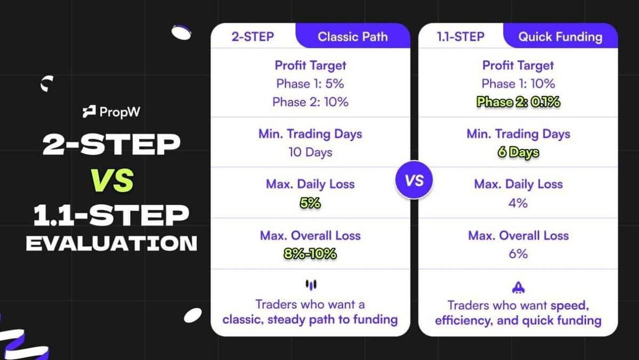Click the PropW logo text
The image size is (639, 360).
112,112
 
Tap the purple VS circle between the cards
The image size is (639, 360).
414,180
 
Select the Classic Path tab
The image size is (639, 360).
352,37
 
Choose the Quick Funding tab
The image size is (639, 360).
560,37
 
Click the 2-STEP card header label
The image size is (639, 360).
253,37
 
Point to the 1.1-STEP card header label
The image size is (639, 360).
460,37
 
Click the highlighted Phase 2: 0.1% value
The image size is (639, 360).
518,102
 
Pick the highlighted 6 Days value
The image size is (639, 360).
518,153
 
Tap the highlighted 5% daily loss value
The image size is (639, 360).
310,203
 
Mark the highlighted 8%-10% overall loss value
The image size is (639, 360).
310,254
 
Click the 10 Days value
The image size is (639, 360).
310,153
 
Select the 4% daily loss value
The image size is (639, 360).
518,203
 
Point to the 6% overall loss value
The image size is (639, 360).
518,254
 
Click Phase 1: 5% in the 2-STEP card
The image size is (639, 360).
310,84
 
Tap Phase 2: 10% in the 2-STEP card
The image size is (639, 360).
310,102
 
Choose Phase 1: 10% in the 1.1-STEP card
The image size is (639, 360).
518,84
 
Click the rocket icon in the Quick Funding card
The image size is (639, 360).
518,287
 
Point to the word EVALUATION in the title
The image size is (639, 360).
111,243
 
